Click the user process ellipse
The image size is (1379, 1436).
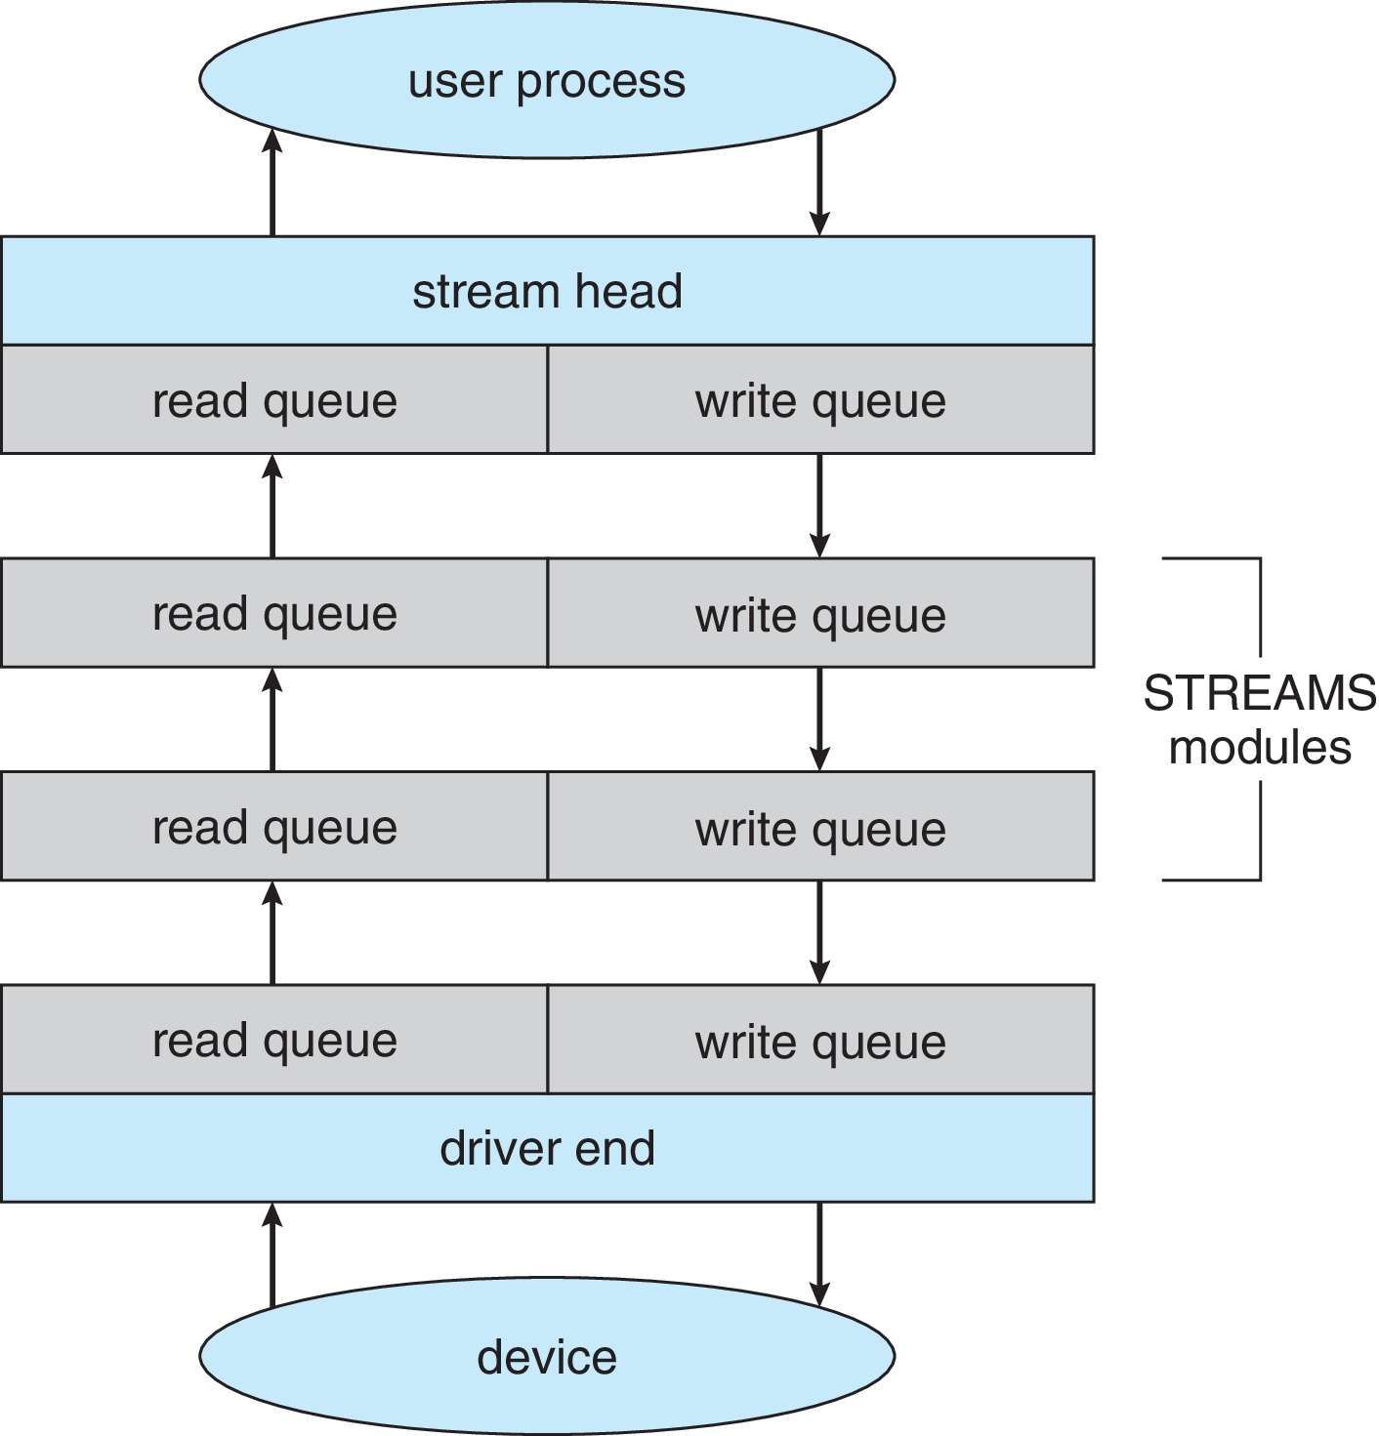(547, 80)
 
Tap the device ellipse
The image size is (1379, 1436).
(547, 1357)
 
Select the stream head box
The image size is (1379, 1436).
(547, 291)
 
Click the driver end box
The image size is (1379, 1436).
(547, 1148)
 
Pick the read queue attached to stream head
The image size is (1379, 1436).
(274, 400)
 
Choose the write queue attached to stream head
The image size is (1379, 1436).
(820, 400)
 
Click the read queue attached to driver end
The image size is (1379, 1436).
(274, 1040)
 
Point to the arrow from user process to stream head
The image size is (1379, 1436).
(819, 183)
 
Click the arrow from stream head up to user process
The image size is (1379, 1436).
(272, 183)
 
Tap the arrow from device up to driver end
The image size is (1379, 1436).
(272, 1254)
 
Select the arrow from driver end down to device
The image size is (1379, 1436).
(819, 1254)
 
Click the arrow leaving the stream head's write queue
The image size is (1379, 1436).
(819, 506)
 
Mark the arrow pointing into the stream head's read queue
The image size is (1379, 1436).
(272, 506)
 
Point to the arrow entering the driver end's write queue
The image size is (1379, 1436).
(819, 932)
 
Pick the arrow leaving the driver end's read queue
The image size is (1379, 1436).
(272, 932)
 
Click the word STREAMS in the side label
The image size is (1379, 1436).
(1260, 693)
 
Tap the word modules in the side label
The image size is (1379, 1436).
(1260, 748)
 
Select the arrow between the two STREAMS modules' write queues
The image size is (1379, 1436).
(819, 719)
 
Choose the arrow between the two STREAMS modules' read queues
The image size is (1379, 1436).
(272, 719)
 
